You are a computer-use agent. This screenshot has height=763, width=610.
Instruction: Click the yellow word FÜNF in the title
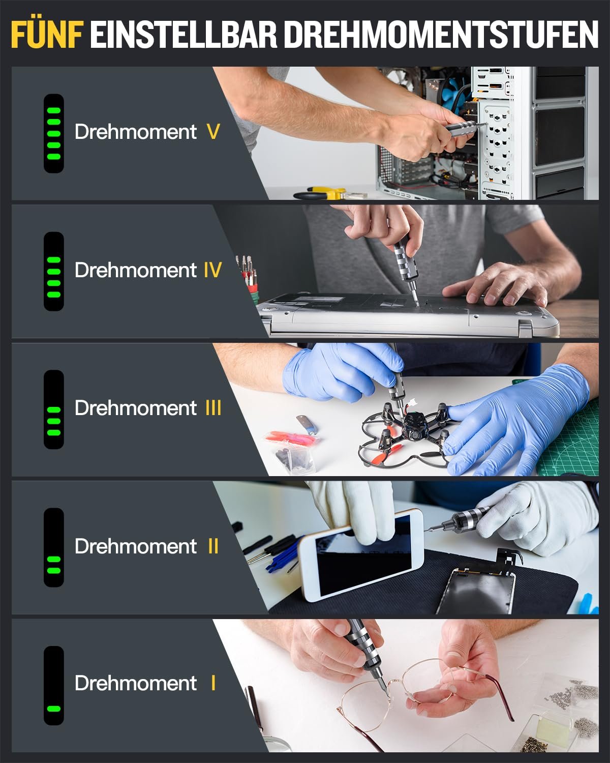click(47, 35)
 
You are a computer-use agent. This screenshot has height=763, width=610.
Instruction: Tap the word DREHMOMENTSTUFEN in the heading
click(440, 35)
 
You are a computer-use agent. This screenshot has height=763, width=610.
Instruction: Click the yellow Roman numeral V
click(213, 132)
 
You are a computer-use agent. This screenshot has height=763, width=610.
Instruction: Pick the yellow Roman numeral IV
click(212, 270)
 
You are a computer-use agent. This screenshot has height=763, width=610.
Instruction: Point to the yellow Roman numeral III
click(213, 408)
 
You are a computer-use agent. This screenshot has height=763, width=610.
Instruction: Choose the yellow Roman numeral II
click(213, 546)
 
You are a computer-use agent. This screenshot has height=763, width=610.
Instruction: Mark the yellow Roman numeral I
click(213, 683)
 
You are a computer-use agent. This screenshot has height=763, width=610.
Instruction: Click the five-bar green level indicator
click(53, 133)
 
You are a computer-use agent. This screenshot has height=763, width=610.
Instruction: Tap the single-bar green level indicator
click(53, 708)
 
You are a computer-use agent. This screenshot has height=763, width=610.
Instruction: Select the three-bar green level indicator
click(53, 421)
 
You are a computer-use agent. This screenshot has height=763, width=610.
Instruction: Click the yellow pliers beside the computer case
click(323, 193)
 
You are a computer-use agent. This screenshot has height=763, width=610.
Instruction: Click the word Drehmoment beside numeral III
click(135, 408)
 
